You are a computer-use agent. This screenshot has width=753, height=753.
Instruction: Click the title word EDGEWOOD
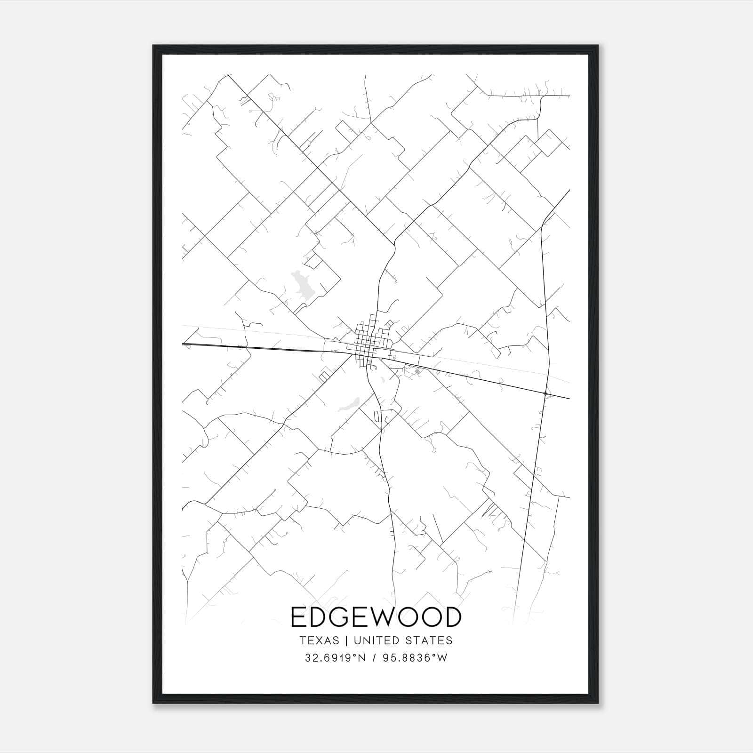pos(376,617)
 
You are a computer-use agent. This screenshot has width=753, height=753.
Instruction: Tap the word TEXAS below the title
pos(319,641)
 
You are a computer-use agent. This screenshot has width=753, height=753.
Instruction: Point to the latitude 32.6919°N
pos(335,658)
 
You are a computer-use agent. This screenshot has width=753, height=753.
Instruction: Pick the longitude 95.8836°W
pos(416,658)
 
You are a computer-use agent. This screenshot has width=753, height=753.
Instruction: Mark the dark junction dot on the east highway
pos(545,393)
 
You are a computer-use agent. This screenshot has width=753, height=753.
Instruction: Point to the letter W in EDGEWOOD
pos(387,617)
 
